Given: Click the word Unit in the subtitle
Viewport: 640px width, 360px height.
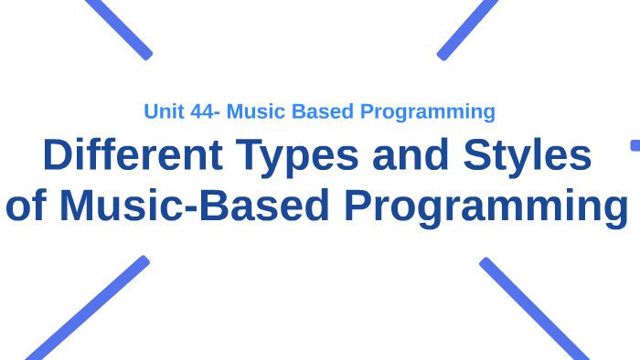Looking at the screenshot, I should (x=161, y=111).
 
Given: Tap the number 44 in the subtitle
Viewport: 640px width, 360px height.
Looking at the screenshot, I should (x=201, y=111).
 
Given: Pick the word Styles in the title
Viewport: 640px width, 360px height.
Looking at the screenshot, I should (x=527, y=157).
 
